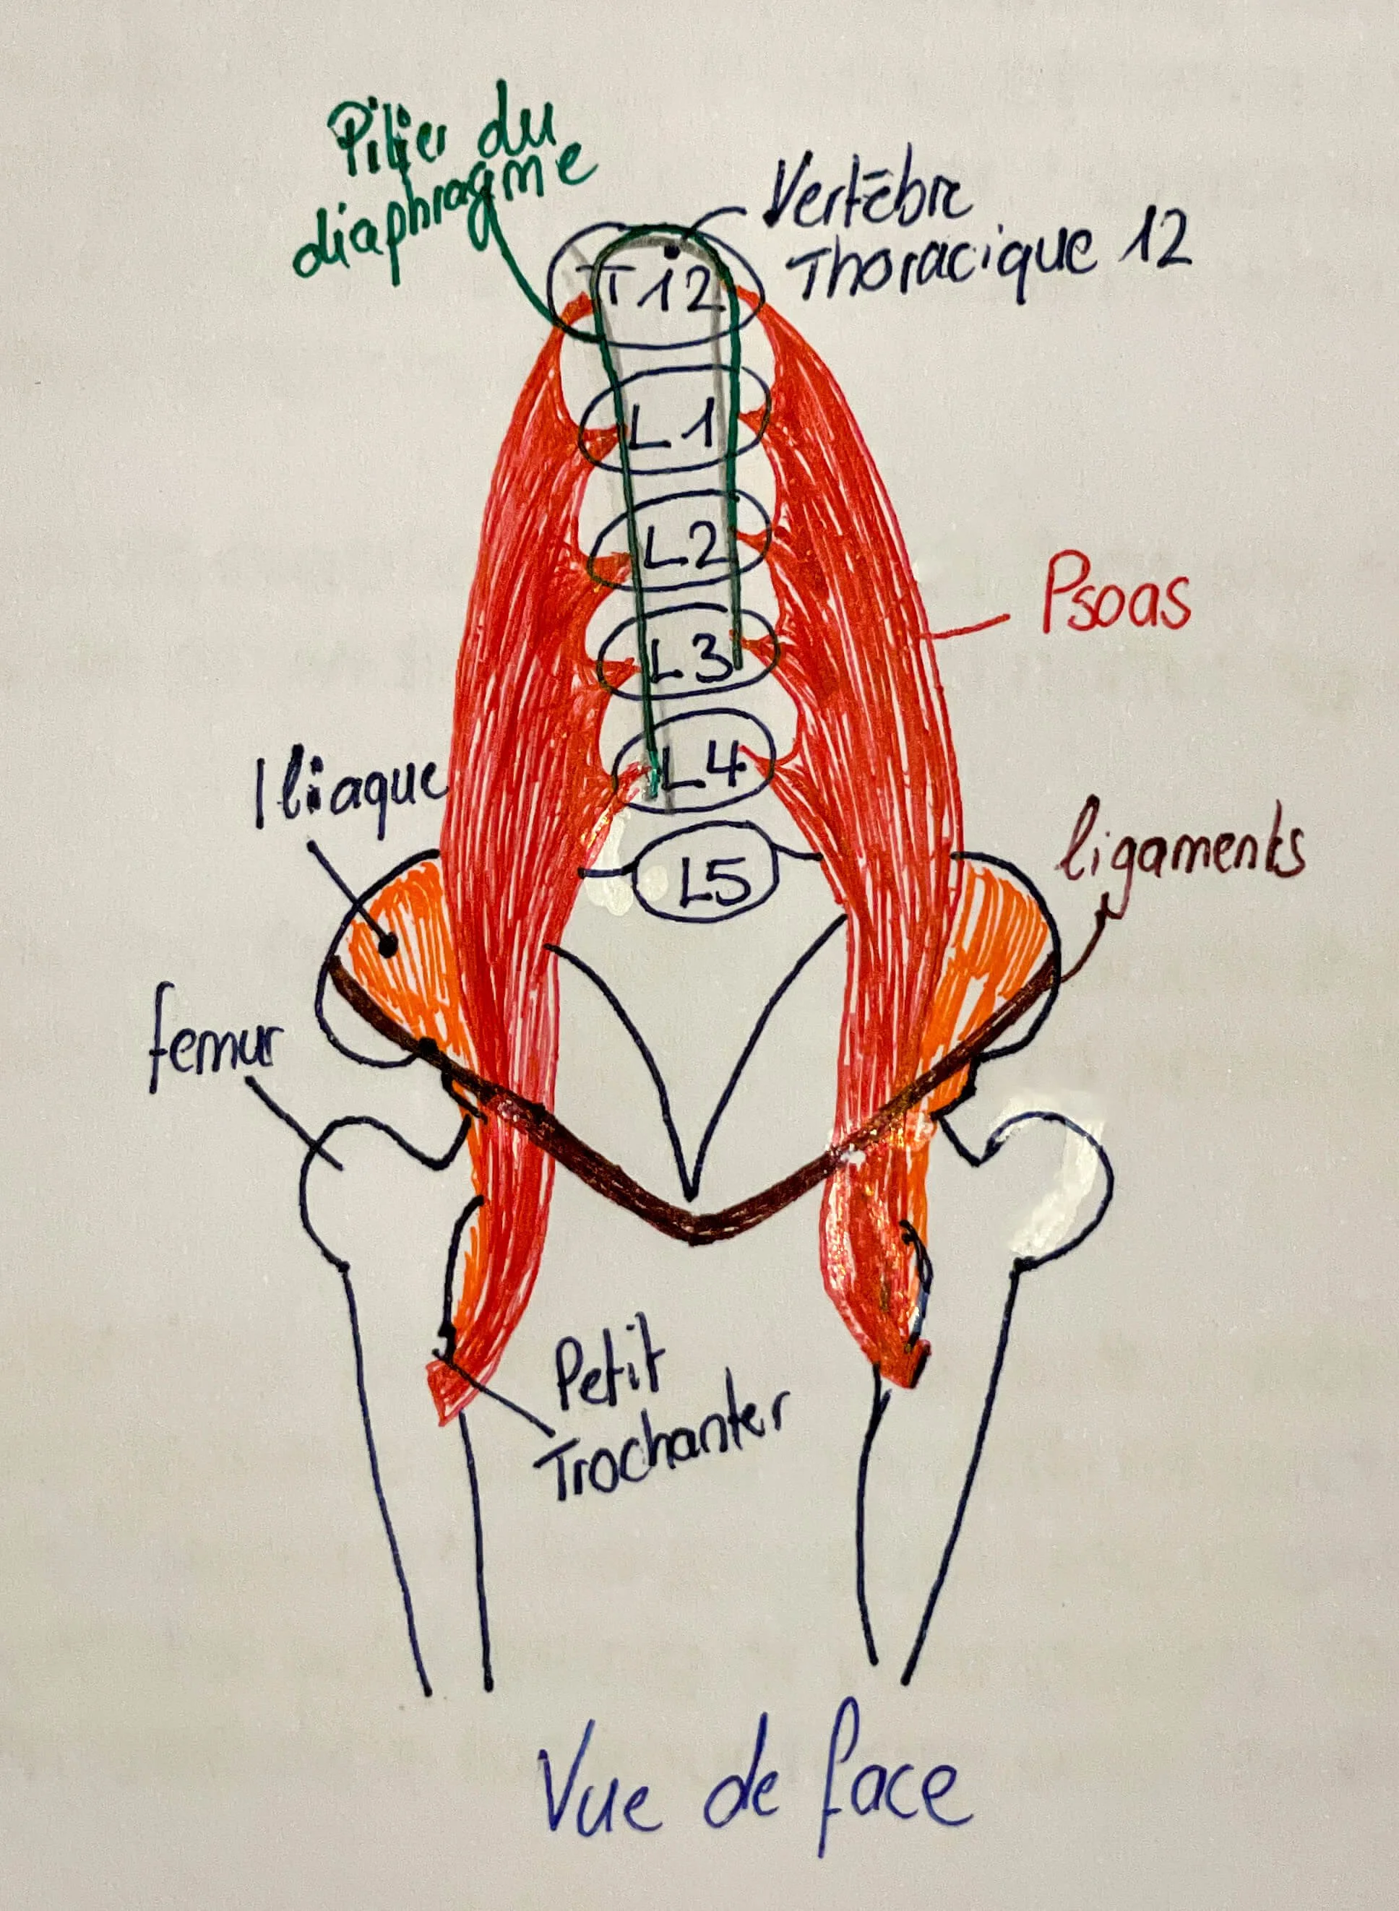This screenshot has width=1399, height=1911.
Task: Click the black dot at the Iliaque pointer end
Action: (x=388, y=946)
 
